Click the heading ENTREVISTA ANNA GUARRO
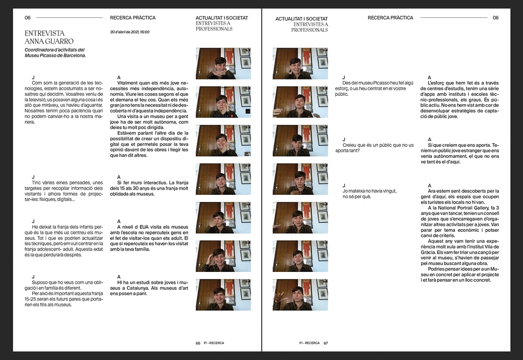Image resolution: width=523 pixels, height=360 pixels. pyautogui.click(x=49, y=37)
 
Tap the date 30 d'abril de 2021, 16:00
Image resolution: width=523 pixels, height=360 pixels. pyautogui.click(x=129, y=32)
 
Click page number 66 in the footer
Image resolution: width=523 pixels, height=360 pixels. pyautogui.click(x=198, y=343)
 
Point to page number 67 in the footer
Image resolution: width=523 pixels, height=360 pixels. pyautogui.click(x=326, y=343)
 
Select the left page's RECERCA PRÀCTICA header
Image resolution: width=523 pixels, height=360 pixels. pyautogui.click(x=132, y=18)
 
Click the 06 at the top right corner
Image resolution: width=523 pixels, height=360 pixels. pyautogui.click(x=496, y=18)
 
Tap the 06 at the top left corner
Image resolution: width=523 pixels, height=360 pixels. pyautogui.click(x=27, y=18)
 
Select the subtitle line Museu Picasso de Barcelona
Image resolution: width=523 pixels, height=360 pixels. pyautogui.click(x=55, y=55)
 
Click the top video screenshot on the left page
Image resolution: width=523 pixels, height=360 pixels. pyautogui.click(x=223, y=64)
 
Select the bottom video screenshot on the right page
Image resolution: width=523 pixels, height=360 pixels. pyautogui.click(x=300, y=295)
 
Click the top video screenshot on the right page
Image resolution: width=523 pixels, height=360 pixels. pyautogui.click(x=300, y=64)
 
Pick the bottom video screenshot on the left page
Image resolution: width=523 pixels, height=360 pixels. pyautogui.click(x=223, y=295)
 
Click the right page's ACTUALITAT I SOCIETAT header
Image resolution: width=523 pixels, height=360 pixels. pyautogui.click(x=302, y=19)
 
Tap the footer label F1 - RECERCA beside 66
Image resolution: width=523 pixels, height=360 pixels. pyautogui.click(x=214, y=343)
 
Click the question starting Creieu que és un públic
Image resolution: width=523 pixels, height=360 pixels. pyautogui.click(x=374, y=148)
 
